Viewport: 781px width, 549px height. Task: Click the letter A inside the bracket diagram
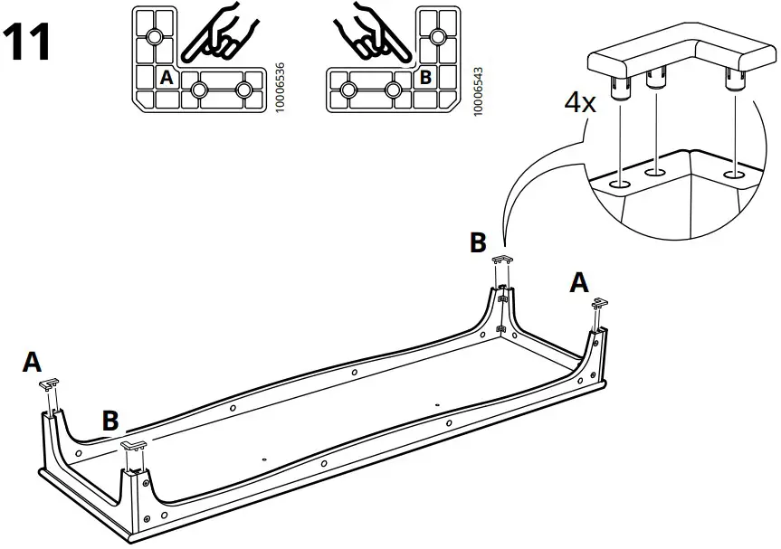pos(166,78)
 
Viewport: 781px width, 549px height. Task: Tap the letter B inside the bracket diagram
pos(425,78)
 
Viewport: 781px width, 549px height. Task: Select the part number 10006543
pos(478,87)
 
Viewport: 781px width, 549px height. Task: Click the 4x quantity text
pos(580,101)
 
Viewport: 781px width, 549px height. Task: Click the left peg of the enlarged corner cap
pos(620,88)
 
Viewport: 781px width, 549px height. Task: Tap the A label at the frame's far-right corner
pos(578,282)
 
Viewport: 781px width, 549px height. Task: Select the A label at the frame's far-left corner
pos(33,362)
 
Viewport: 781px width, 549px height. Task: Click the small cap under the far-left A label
pos(50,384)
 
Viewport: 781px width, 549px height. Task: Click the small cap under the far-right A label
pos(597,305)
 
